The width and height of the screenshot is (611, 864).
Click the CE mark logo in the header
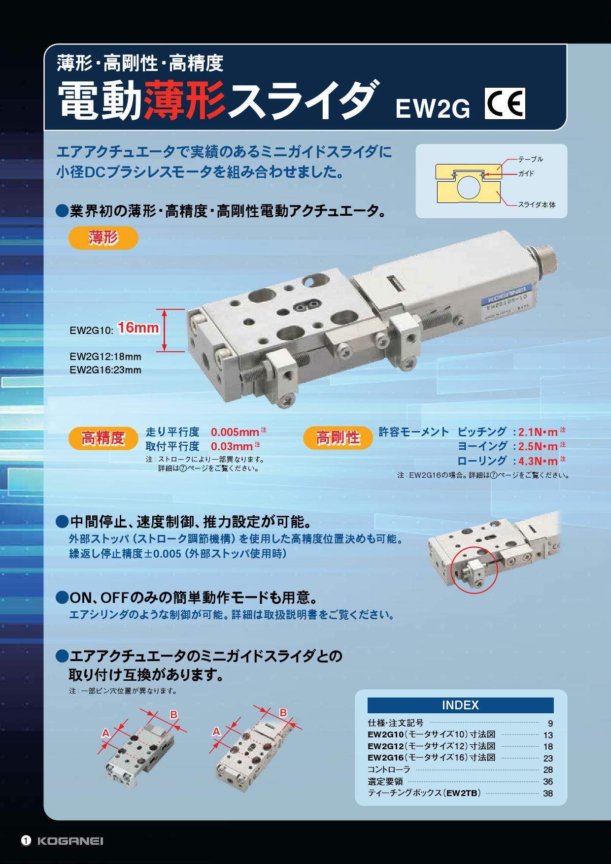click(x=505, y=103)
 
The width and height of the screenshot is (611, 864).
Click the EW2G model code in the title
click(x=433, y=109)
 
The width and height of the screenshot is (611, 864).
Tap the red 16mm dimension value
click(x=138, y=328)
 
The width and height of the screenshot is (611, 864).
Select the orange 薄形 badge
click(x=103, y=238)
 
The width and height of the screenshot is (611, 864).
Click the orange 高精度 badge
click(x=103, y=438)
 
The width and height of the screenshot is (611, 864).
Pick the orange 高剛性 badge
click(x=338, y=437)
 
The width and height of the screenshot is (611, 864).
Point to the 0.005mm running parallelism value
click(x=235, y=432)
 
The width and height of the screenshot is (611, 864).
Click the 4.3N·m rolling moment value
click(x=538, y=462)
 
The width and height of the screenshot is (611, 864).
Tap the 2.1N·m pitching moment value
click(x=538, y=432)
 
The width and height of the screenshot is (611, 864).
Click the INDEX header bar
click(x=461, y=705)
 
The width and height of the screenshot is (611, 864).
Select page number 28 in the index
click(x=548, y=770)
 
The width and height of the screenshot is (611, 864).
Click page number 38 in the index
click(x=548, y=794)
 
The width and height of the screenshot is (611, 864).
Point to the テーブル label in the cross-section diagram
click(x=530, y=159)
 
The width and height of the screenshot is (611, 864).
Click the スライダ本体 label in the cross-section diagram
click(x=537, y=204)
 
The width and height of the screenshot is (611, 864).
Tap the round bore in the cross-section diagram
click(x=468, y=188)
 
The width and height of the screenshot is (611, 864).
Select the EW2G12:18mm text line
click(x=105, y=357)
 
